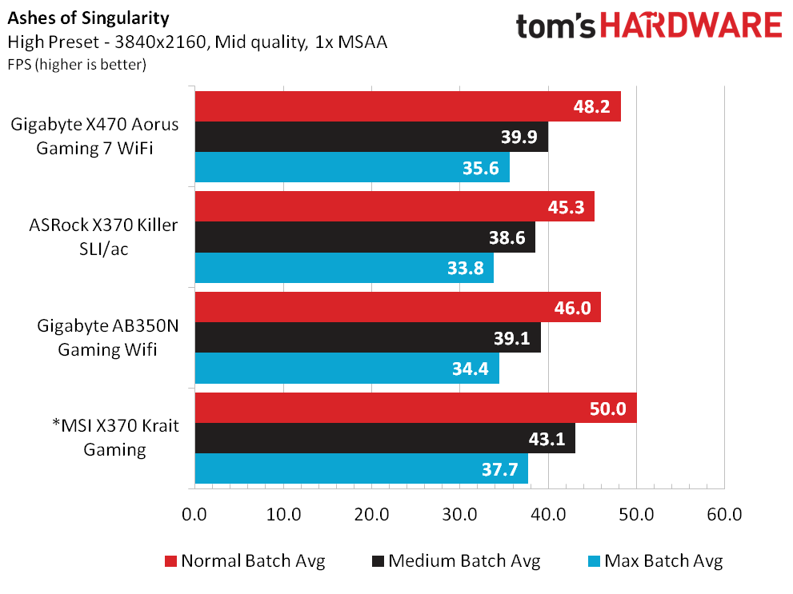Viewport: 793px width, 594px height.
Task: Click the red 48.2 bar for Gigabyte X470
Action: [407, 106]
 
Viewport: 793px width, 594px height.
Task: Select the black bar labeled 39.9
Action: [372, 137]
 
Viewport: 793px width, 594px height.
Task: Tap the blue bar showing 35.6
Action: [352, 167]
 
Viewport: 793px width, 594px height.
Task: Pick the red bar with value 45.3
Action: [394, 206]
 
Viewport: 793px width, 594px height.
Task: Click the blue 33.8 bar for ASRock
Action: [344, 268]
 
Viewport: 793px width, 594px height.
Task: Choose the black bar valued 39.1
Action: [367, 337]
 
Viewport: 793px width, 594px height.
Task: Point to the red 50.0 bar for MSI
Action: [416, 408]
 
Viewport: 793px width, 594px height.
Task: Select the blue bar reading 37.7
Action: [362, 468]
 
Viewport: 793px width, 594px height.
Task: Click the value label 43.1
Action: [547, 438]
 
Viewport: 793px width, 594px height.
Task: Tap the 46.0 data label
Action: [572, 308]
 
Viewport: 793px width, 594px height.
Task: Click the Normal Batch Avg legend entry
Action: [245, 560]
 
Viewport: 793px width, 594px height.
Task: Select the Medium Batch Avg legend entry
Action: [456, 560]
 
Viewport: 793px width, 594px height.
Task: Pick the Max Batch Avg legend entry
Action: [655, 560]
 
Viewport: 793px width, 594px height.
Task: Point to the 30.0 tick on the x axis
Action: [459, 514]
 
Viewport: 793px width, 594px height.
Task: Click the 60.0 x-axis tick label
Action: [724, 514]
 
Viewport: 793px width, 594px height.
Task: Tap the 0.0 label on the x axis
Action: [194, 514]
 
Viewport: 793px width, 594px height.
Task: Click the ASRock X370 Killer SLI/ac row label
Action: [104, 237]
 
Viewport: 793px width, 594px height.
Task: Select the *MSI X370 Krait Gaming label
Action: [115, 437]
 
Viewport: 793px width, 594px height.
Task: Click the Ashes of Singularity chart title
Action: [89, 18]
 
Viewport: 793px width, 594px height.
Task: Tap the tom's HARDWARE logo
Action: [649, 26]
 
